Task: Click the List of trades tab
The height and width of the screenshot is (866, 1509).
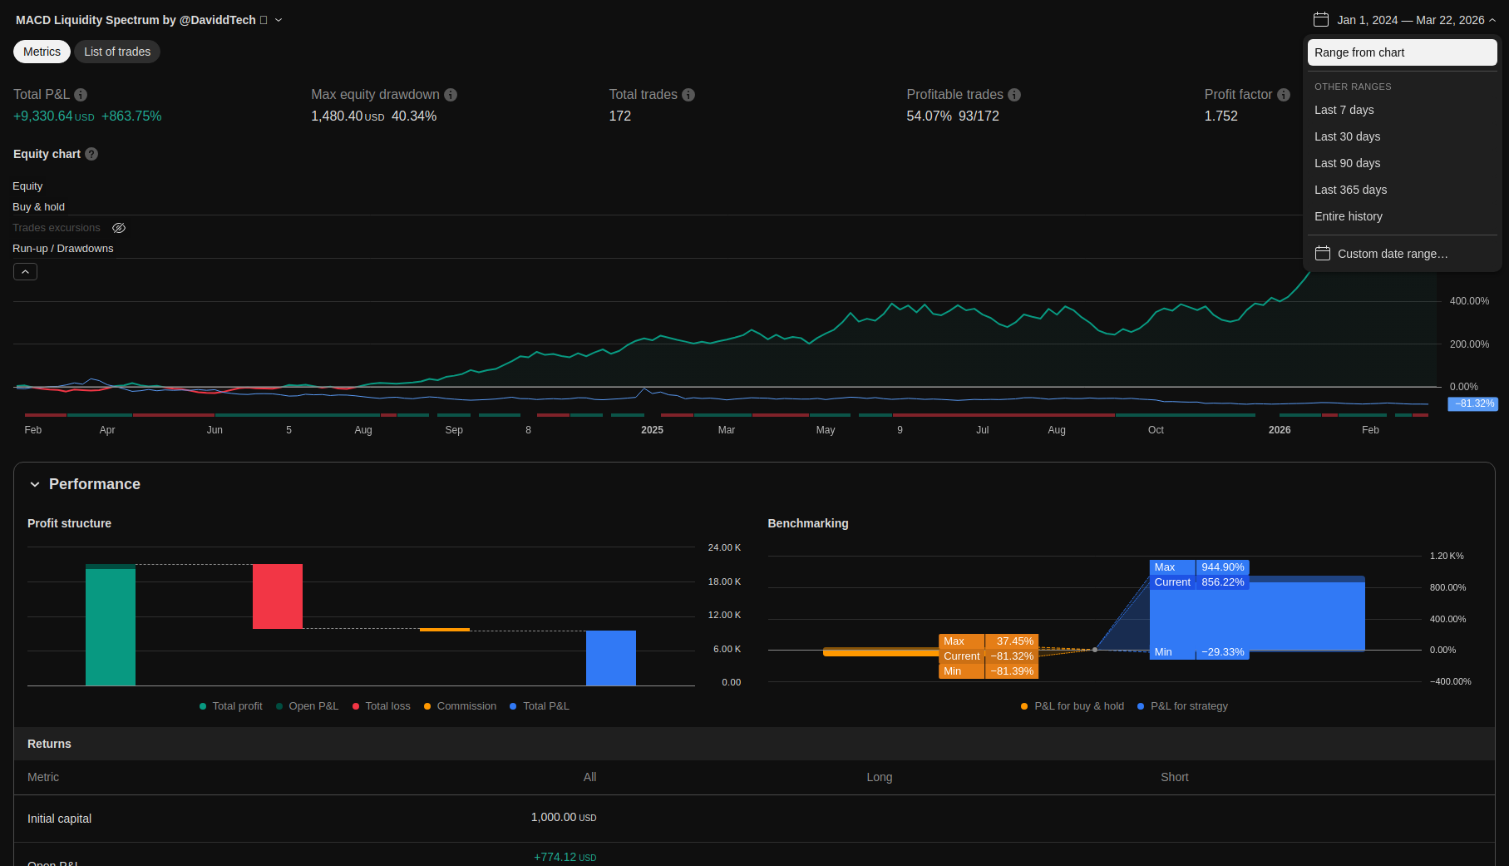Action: (117, 52)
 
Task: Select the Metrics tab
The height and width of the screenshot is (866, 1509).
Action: (42, 52)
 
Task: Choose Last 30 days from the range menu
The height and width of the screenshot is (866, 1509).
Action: (1347, 136)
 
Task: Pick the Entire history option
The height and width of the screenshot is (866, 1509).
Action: (1349, 216)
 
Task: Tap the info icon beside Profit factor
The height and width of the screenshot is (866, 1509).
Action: (1284, 95)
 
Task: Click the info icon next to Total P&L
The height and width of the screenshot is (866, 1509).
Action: (81, 95)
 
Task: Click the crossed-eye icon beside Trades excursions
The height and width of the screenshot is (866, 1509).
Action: (119, 228)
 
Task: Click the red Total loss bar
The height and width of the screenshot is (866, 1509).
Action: (278, 596)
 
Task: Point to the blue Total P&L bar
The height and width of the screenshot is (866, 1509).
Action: (611, 658)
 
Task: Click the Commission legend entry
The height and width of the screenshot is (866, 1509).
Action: (460, 706)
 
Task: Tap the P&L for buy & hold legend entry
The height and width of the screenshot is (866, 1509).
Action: (1073, 706)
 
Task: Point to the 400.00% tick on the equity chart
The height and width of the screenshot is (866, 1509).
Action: (1469, 301)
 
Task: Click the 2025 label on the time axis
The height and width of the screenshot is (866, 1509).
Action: (652, 430)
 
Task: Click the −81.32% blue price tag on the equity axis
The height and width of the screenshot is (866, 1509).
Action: (1473, 403)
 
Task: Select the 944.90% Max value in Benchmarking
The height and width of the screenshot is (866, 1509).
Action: (1222, 567)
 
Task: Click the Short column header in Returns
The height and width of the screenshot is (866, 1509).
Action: (1174, 777)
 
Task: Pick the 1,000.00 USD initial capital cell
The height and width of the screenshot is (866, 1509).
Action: (564, 818)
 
